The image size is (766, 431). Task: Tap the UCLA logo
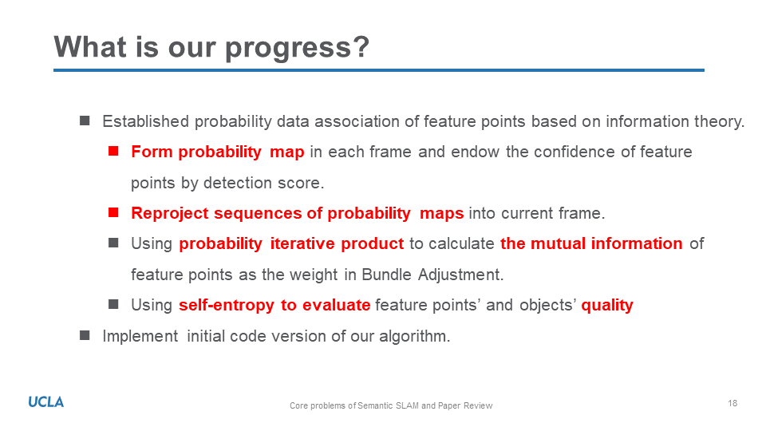(46, 402)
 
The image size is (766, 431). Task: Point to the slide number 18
(732, 403)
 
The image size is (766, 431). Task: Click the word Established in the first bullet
(145, 121)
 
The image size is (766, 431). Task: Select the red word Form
(152, 152)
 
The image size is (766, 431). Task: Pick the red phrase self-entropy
(226, 306)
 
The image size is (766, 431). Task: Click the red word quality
(607, 306)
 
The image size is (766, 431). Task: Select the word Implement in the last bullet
(140, 336)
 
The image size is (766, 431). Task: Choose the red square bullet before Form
(114, 151)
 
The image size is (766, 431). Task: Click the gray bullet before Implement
(85, 335)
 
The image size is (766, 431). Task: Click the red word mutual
(558, 243)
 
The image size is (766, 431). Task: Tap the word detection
(238, 183)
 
